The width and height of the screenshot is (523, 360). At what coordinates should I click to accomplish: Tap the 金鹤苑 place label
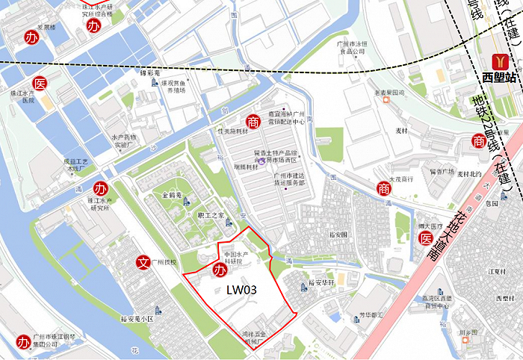173,193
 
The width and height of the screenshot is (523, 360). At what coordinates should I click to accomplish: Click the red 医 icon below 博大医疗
425,238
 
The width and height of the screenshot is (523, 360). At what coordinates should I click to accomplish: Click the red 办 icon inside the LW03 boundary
220,270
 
